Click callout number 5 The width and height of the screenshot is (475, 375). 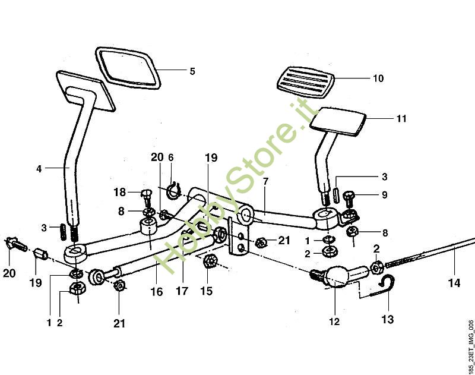[192, 71]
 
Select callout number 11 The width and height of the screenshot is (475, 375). [402, 119]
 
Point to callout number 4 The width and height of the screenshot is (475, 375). [39, 169]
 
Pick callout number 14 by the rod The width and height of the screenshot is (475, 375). [454, 283]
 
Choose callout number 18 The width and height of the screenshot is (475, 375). [119, 192]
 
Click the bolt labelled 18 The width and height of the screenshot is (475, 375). [147, 194]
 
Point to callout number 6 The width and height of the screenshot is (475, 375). [171, 157]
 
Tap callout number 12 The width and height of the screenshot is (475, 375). [334, 322]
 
